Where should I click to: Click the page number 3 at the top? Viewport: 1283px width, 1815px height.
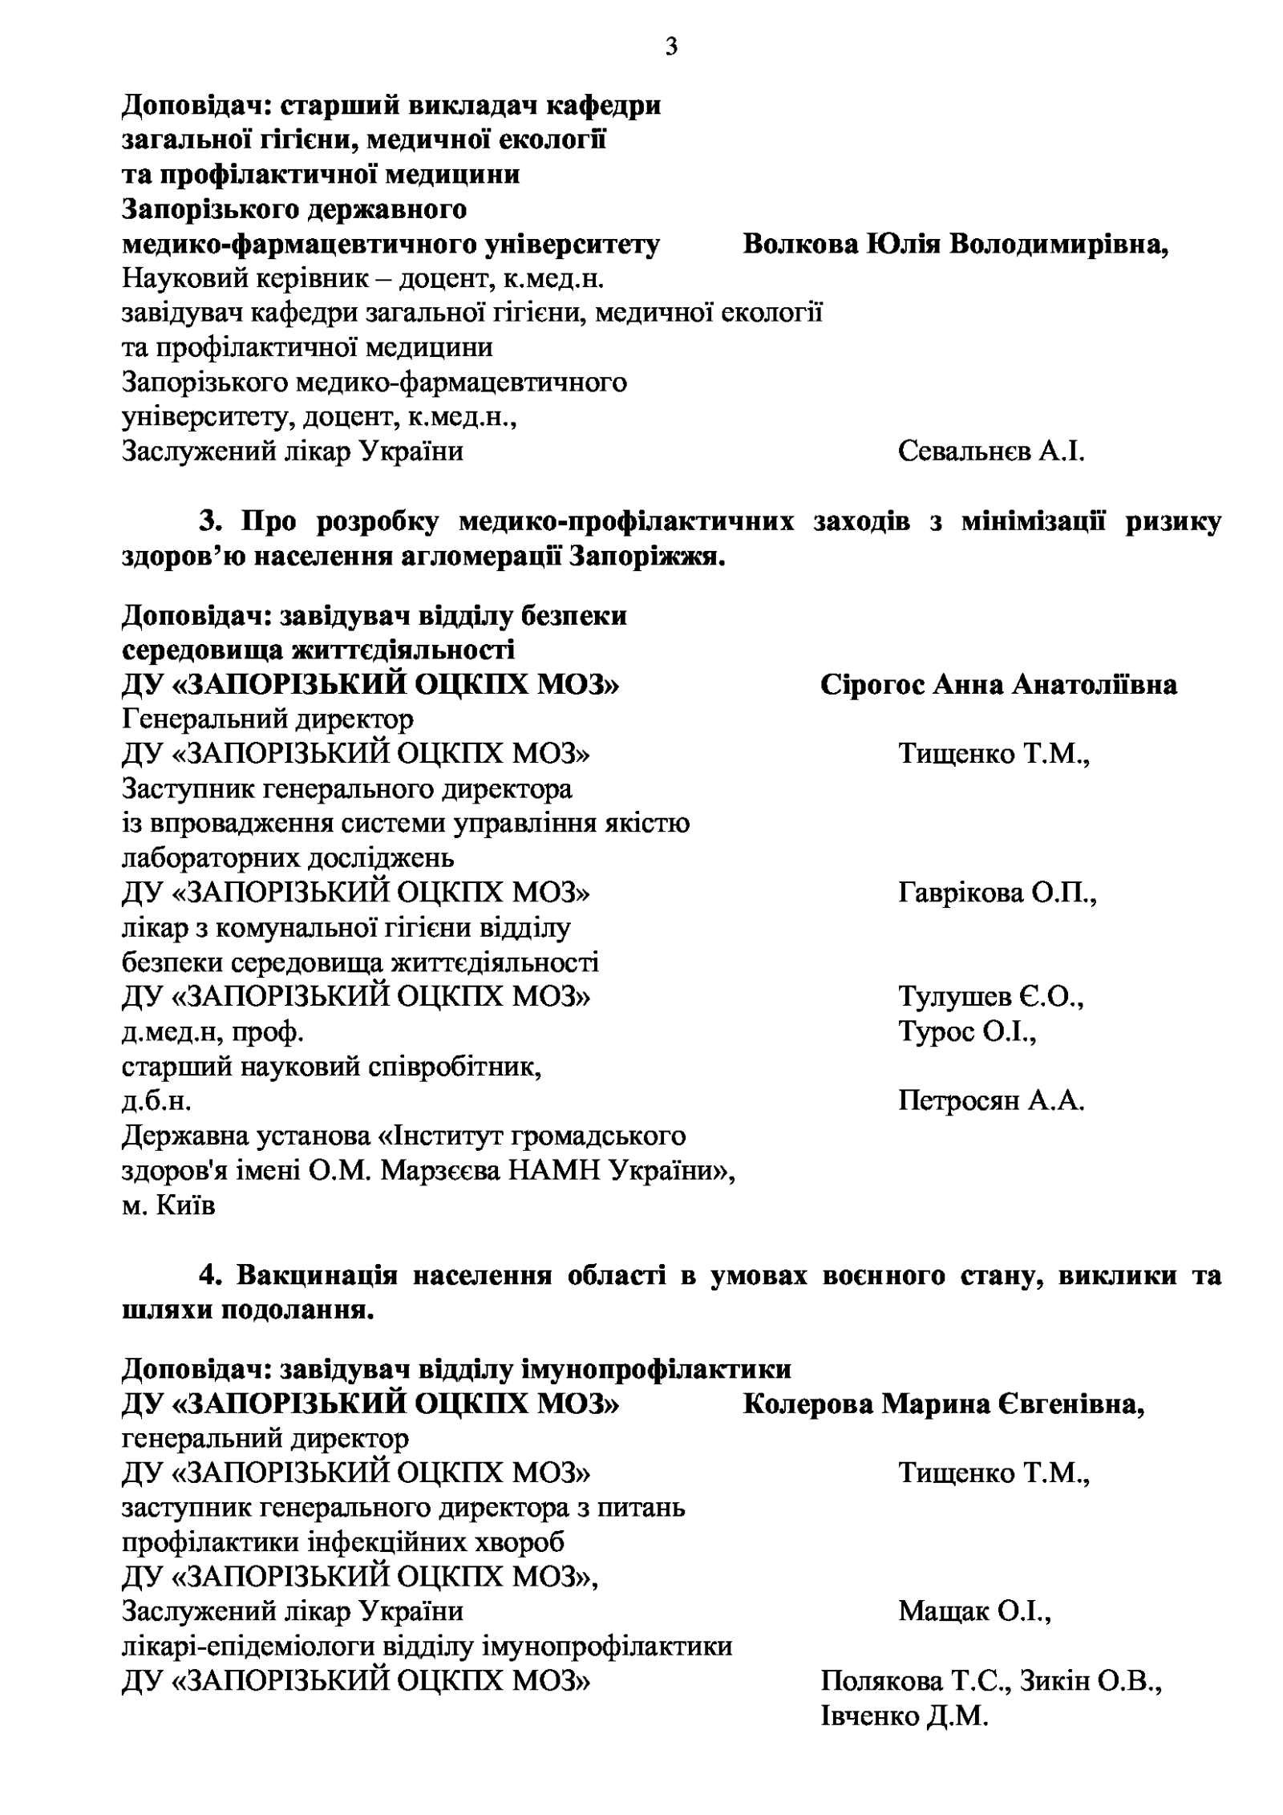(671, 47)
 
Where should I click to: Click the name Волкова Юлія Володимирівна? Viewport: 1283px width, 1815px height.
(955, 244)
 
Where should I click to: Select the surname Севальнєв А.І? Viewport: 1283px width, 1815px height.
(990, 451)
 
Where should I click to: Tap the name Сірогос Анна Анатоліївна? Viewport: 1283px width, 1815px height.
(998, 684)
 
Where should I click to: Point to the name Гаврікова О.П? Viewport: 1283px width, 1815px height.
(997, 892)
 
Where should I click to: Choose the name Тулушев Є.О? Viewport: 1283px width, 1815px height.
(990, 996)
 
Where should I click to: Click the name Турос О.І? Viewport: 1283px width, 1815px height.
(967, 1031)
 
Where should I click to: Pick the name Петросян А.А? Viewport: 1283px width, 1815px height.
(990, 1100)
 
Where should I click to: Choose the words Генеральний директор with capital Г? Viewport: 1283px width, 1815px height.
(268, 719)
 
